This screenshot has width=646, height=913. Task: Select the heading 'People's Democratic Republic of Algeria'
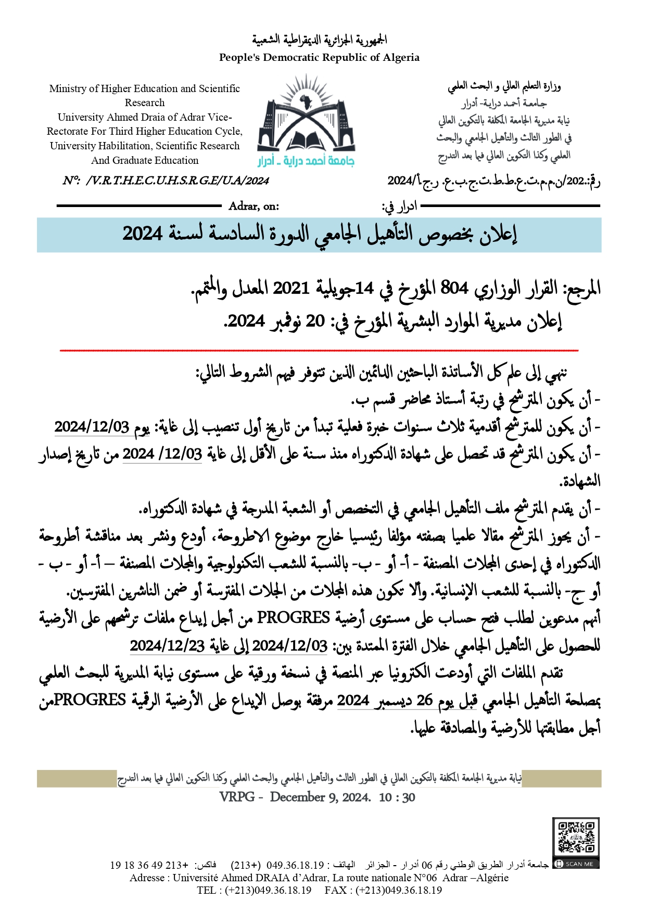319,58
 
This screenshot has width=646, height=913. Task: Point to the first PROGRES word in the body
294,618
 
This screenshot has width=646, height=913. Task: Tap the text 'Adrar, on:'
254,206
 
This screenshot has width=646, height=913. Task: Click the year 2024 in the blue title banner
143,234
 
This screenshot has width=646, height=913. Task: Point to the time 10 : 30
397,798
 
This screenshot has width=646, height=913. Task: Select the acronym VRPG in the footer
237,797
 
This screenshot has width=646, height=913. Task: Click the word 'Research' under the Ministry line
145,103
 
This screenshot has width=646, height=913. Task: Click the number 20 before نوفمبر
315,321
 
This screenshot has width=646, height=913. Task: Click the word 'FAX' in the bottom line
335,890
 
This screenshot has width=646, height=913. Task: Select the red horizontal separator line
319,351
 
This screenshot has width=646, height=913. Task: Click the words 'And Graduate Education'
145,160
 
